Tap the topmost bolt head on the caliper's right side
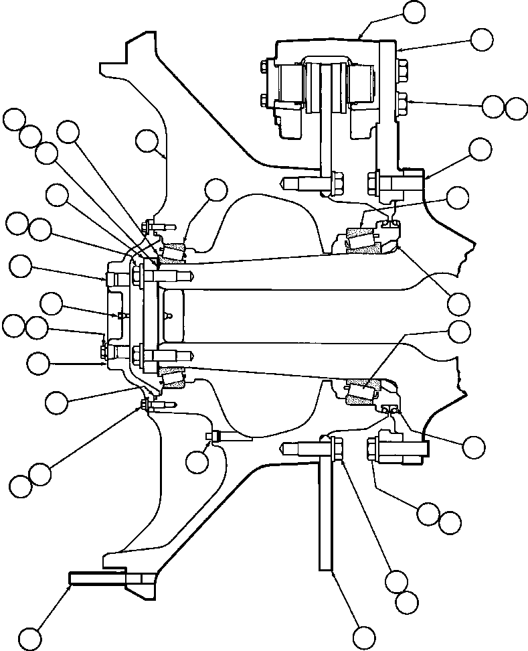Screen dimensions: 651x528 click(x=403, y=67)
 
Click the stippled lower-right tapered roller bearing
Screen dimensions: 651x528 click(x=362, y=391)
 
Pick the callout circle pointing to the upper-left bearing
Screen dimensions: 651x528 click(x=215, y=190)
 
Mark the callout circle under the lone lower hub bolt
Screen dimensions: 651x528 click(x=197, y=461)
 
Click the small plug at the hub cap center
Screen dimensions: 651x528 click(x=118, y=315)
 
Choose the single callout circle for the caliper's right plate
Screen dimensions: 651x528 click(x=482, y=39)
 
